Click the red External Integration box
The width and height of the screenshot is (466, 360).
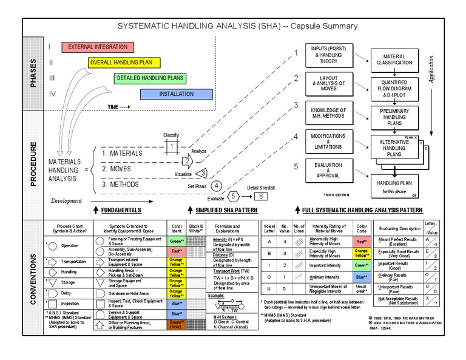point(97,47)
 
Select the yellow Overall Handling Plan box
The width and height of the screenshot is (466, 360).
point(124,63)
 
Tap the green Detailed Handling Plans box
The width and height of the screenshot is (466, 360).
point(150,78)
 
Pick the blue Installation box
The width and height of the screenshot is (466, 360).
point(176,94)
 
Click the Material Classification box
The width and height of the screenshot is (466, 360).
point(394,59)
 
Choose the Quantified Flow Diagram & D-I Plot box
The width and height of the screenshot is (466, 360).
point(394,89)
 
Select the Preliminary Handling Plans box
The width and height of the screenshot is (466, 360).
point(394,118)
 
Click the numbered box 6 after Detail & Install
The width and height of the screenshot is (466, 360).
point(259,196)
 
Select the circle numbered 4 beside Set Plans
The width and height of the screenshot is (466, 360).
point(216,186)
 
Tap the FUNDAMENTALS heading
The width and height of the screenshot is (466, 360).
point(121,210)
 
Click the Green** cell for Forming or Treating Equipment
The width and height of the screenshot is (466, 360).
point(175,241)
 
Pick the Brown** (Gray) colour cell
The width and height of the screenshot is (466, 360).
point(175,325)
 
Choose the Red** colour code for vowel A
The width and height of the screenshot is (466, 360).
point(361,241)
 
